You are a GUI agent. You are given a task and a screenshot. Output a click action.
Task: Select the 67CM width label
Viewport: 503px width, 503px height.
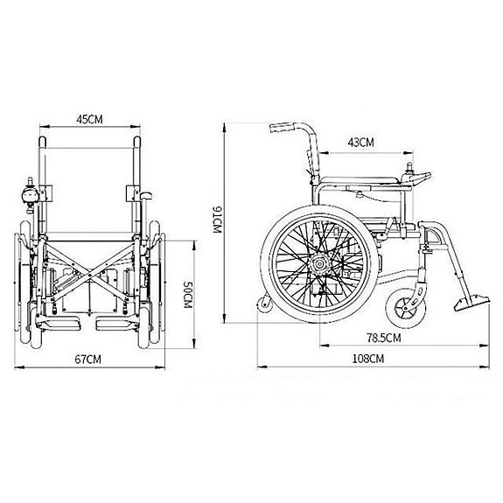(x=87, y=359)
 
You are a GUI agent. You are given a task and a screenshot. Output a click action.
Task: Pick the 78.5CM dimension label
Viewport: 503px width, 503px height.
(x=382, y=338)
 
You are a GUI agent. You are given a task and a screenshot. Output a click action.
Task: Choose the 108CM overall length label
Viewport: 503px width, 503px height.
(x=368, y=359)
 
